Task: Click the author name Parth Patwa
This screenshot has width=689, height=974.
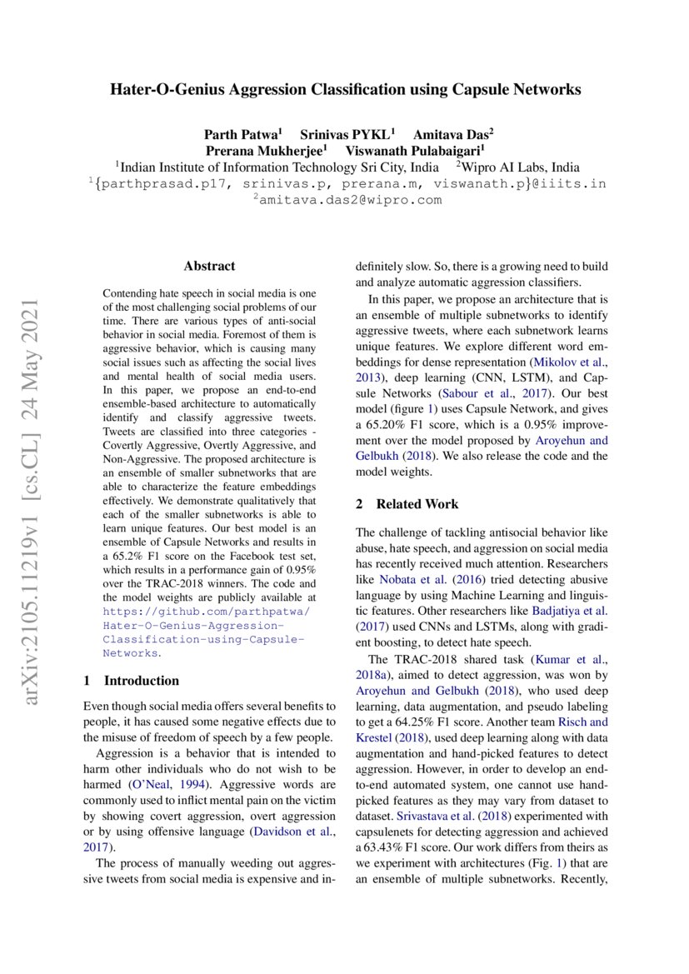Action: point(242,134)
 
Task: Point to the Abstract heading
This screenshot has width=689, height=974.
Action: point(209,267)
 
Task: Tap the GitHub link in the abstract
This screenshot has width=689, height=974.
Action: point(204,626)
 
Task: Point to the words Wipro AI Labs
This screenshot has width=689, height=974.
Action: point(522,167)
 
